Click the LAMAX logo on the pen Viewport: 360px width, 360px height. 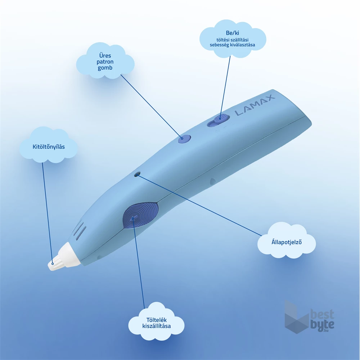[255, 106]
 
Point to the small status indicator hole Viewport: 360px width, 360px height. [137, 174]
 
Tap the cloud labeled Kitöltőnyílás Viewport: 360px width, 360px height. [48, 147]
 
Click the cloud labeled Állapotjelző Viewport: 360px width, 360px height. [287, 241]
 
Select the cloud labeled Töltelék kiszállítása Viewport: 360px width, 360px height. [157, 323]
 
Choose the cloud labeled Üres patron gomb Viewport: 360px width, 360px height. [105, 62]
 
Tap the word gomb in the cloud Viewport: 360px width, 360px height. [105, 68]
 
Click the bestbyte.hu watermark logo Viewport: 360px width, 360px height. [309, 319]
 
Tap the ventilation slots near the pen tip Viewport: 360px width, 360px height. [80, 231]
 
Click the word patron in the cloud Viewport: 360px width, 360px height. [105, 62]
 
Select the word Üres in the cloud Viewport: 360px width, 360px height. [105, 55]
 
